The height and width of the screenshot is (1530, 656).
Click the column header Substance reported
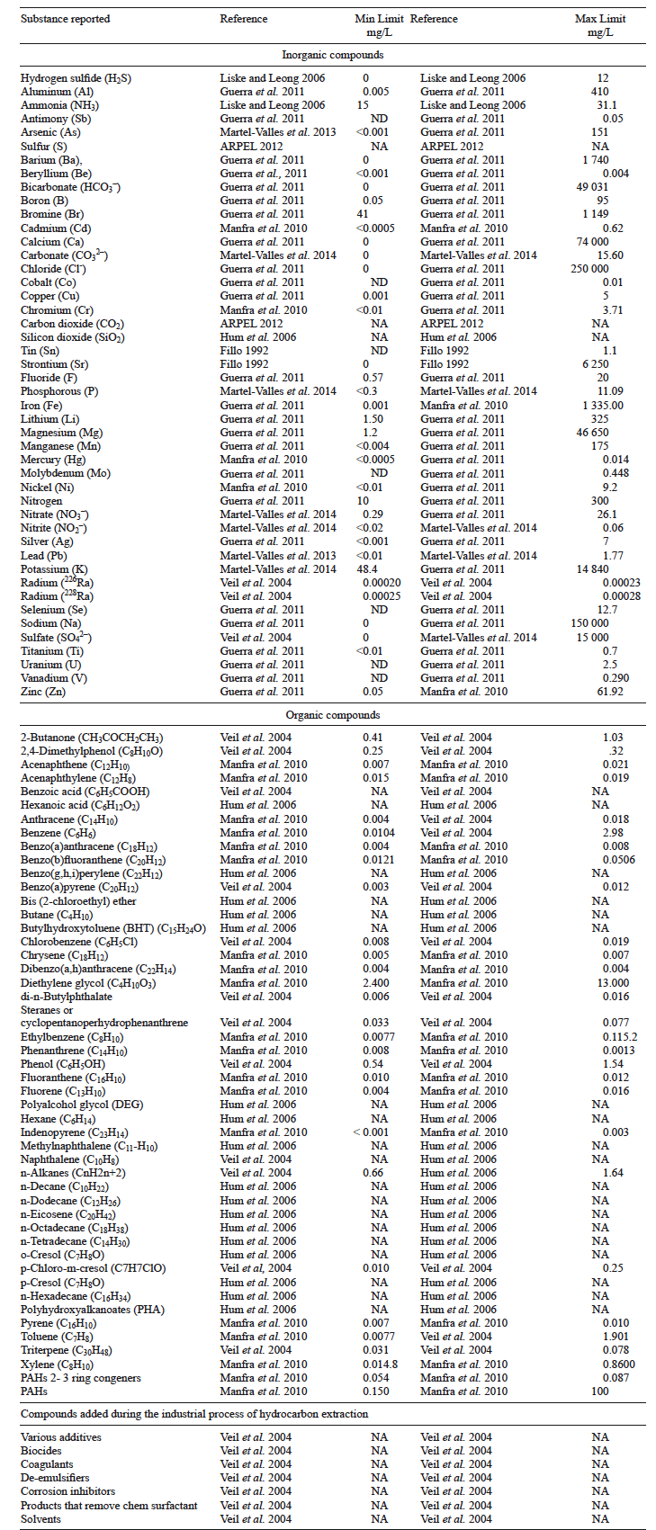tap(66, 19)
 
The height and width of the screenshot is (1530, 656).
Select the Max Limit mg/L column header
tap(600, 25)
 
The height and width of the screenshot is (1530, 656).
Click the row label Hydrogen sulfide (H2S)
tap(76, 78)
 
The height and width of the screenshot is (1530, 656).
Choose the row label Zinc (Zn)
tap(43, 692)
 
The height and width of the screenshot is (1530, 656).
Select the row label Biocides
tap(41, 1451)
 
